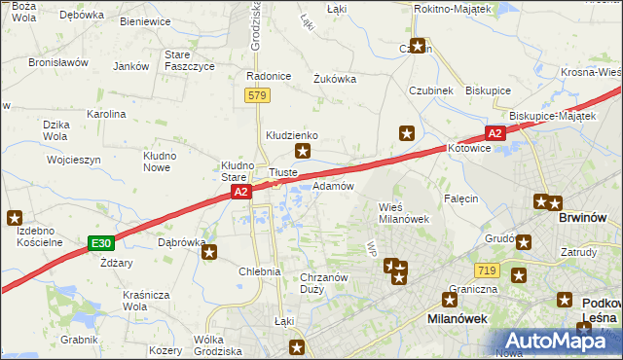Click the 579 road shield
pyautogui.click(x=257, y=95)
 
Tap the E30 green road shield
pyautogui.click(x=100, y=242)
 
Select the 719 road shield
pyautogui.click(x=488, y=268)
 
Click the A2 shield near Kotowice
pyautogui.click(x=495, y=133)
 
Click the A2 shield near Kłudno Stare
pyautogui.click(x=241, y=194)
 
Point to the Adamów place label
pyautogui.click(x=333, y=185)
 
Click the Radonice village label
pyautogui.click(x=270, y=76)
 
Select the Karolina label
pyautogui.click(x=106, y=114)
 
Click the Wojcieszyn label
pyautogui.click(x=73, y=159)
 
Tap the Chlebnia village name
pyautogui.click(x=260, y=271)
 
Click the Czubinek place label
pyautogui.click(x=431, y=91)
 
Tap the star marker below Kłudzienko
pyautogui.click(x=304, y=151)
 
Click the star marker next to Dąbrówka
pyautogui.click(x=209, y=253)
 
